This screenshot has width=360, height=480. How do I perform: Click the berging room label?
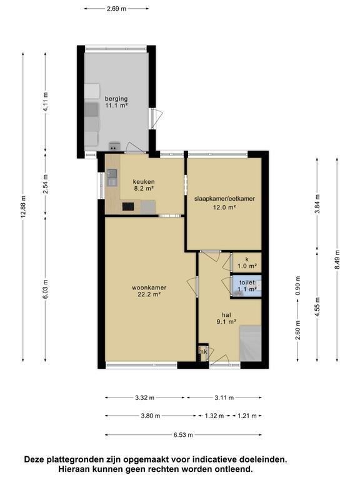[x=116, y=99]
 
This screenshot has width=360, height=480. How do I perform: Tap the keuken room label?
[x=144, y=181]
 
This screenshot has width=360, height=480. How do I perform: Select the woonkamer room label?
[x=149, y=287]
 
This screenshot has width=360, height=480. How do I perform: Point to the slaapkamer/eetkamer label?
[x=225, y=199]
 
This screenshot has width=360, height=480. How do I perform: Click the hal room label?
[x=226, y=315]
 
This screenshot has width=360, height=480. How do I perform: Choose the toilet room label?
[x=247, y=282]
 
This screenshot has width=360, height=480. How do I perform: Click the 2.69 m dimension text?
[x=116, y=9]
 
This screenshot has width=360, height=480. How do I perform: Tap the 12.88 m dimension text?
[x=23, y=207]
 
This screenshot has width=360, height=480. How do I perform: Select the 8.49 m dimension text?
[x=337, y=259]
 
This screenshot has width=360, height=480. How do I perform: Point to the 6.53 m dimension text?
[x=183, y=435]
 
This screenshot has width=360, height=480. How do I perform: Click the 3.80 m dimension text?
[x=151, y=416]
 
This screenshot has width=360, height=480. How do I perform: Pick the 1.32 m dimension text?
[x=214, y=416]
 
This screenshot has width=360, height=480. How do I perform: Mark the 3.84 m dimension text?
[x=317, y=204]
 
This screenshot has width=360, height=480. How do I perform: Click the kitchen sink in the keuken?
[x=112, y=177]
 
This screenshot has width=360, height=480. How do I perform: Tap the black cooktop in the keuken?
[x=128, y=207]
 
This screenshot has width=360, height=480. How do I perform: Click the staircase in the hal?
[x=251, y=344]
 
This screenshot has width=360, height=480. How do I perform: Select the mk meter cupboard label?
[x=202, y=352]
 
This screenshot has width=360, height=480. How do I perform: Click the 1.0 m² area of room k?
[x=247, y=266]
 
